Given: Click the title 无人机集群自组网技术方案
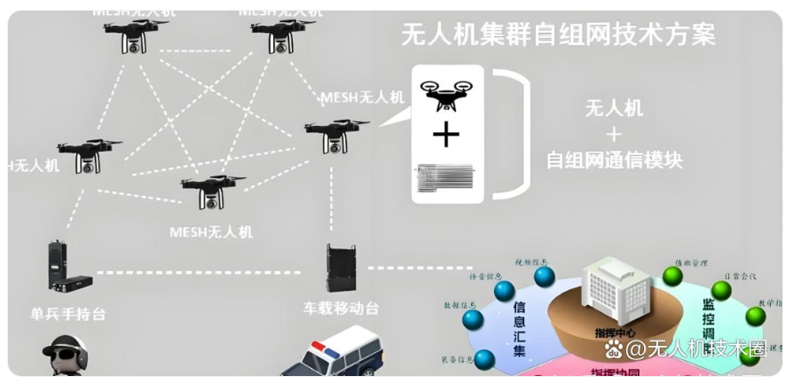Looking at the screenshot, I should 558,35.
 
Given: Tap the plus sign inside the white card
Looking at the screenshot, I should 447,135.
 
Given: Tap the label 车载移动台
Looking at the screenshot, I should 340,310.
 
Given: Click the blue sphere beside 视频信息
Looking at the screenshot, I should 544,277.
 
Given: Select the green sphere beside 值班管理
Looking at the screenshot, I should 672,277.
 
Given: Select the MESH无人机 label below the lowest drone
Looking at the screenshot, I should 210,232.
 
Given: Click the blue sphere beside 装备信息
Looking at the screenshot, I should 484,360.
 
